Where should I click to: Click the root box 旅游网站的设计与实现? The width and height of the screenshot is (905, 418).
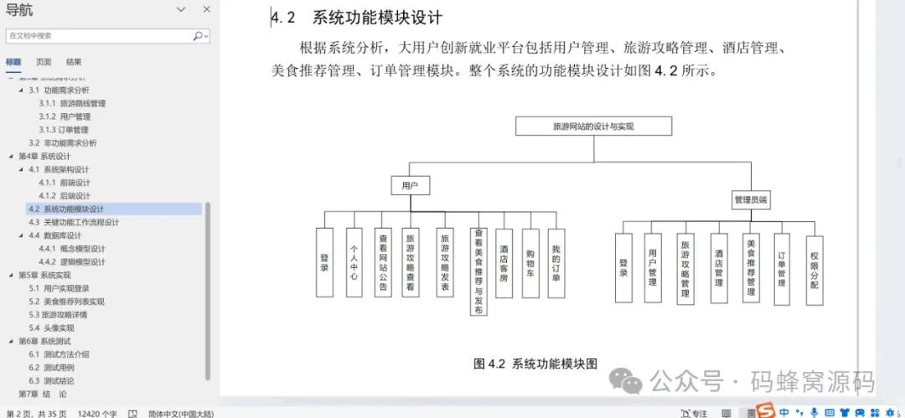click(x=594, y=126)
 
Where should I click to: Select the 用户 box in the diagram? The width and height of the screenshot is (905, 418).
click(x=410, y=185)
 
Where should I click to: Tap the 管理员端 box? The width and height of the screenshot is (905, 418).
click(x=751, y=200)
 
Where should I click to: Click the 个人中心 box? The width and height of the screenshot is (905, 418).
click(x=354, y=262)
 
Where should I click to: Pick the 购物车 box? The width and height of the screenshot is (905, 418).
click(x=530, y=262)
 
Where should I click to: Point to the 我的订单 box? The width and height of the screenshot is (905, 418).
click(x=556, y=262)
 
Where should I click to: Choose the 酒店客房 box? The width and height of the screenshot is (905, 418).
click(x=504, y=262)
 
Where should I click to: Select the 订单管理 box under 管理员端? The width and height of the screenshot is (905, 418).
click(x=781, y=267)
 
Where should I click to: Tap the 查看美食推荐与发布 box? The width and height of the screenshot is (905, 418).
click(x=478, y=271)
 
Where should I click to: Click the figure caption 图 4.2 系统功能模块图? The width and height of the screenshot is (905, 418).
click(x=535, y=364)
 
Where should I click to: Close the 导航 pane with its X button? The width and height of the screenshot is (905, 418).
click(x=206, y=9)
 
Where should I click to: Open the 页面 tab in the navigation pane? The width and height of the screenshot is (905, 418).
click(x=44, y=62)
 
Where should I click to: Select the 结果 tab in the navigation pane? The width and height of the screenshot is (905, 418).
click(x=74, y=62)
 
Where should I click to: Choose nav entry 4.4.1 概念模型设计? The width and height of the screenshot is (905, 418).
click(x=72, y=249)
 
